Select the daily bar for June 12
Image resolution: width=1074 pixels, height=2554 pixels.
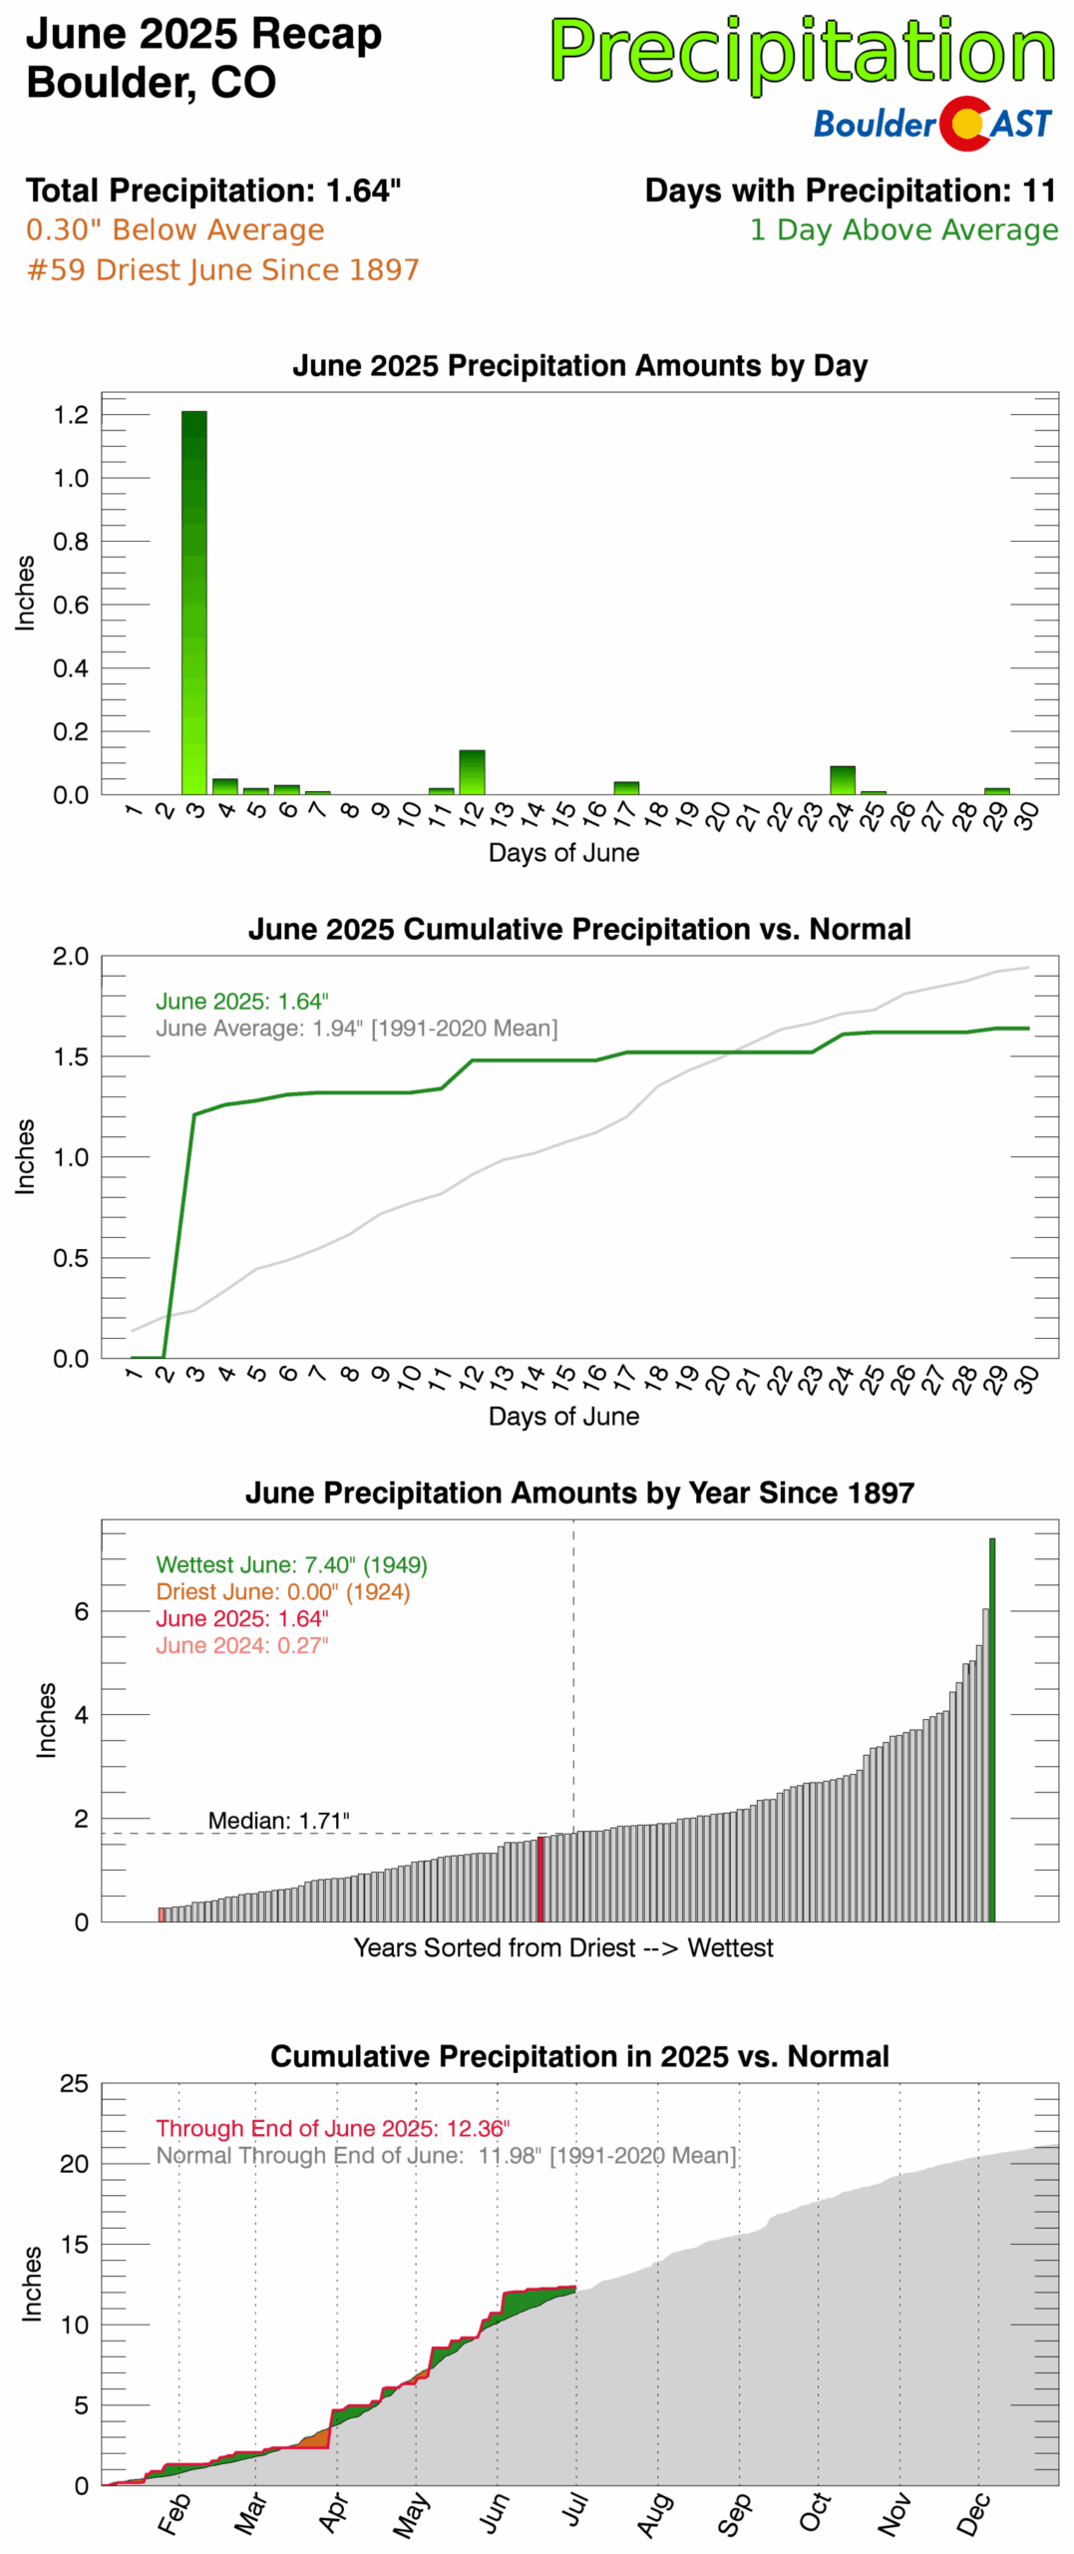coord(472,771)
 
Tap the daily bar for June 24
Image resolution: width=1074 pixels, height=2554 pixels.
coord(842,779)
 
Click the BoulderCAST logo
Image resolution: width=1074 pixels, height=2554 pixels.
coord(932,123)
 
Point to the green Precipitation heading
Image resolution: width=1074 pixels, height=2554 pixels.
coord(802,52)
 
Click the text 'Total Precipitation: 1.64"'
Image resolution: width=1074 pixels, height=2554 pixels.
coord(213,190)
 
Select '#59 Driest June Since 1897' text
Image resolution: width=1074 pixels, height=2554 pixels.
coord(222,269)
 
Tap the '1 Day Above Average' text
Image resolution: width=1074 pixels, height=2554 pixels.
coord(903,229)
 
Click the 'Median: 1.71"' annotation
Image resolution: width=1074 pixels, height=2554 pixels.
coord(278,1820)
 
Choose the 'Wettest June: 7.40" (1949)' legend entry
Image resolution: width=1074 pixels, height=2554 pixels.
coord(291,1564)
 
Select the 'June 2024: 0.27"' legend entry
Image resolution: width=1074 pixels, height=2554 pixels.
coord(241,1645)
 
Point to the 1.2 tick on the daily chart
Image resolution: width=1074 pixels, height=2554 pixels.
coord(71,414)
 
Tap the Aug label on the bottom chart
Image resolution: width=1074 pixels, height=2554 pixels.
coord(654,2514)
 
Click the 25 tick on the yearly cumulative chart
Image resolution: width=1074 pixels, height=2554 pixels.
coord(74,2084)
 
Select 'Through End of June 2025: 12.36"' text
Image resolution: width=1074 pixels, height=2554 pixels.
coord(332,2128)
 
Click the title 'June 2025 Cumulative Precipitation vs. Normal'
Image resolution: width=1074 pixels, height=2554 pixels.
coord(579,929)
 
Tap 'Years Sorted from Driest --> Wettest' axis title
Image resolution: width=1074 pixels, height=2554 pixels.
coord(563,1947)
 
